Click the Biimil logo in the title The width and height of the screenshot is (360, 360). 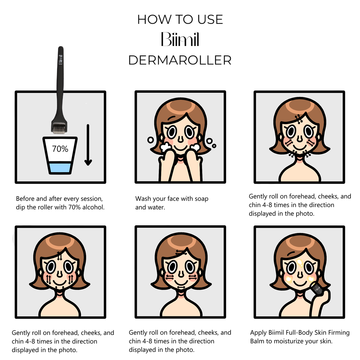180,40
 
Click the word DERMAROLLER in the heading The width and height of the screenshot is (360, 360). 180,60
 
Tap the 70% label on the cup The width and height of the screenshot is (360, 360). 60,149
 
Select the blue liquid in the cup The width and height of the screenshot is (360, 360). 60,167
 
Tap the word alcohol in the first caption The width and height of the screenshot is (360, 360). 93,207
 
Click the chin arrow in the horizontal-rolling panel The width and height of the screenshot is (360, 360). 180,287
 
